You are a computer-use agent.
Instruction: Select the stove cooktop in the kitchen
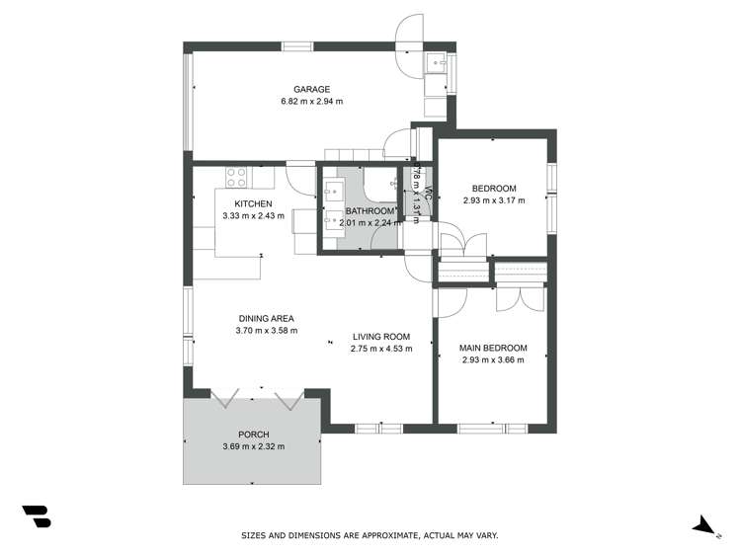click(236, 178)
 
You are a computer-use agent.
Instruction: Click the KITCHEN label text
click(253, 203)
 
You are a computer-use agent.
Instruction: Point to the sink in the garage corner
click(437, 63)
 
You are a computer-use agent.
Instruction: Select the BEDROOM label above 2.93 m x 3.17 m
click(493, 189)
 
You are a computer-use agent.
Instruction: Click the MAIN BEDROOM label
click(493, 348)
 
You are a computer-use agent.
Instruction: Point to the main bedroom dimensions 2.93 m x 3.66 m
click(493, 360)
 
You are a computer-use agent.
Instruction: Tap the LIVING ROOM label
click(380, 336)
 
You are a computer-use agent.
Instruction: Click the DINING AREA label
click(266, 318)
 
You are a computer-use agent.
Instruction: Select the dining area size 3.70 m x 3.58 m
click(266, 331)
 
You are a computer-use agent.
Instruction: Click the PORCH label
click(253, 435)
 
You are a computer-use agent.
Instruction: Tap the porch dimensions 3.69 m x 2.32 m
click(253, 447)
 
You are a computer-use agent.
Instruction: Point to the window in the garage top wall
click(297, 45)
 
